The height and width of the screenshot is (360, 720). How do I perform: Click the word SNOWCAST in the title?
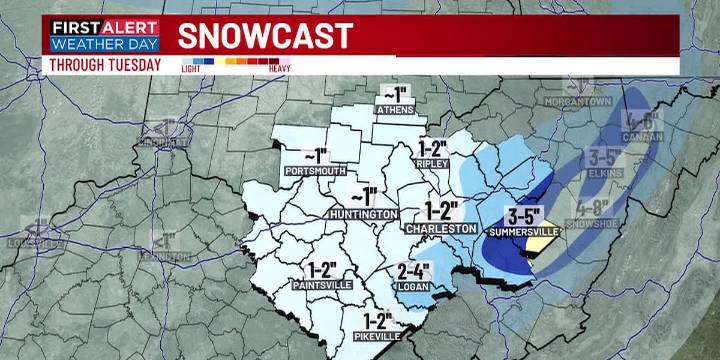[265, 36]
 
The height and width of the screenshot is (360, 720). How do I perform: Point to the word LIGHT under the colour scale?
[190, 69]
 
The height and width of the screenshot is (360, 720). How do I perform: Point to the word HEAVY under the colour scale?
[269, 69]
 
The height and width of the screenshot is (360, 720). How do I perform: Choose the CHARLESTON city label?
[441, 229]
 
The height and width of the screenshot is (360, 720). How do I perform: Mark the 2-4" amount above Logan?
[413, 269]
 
